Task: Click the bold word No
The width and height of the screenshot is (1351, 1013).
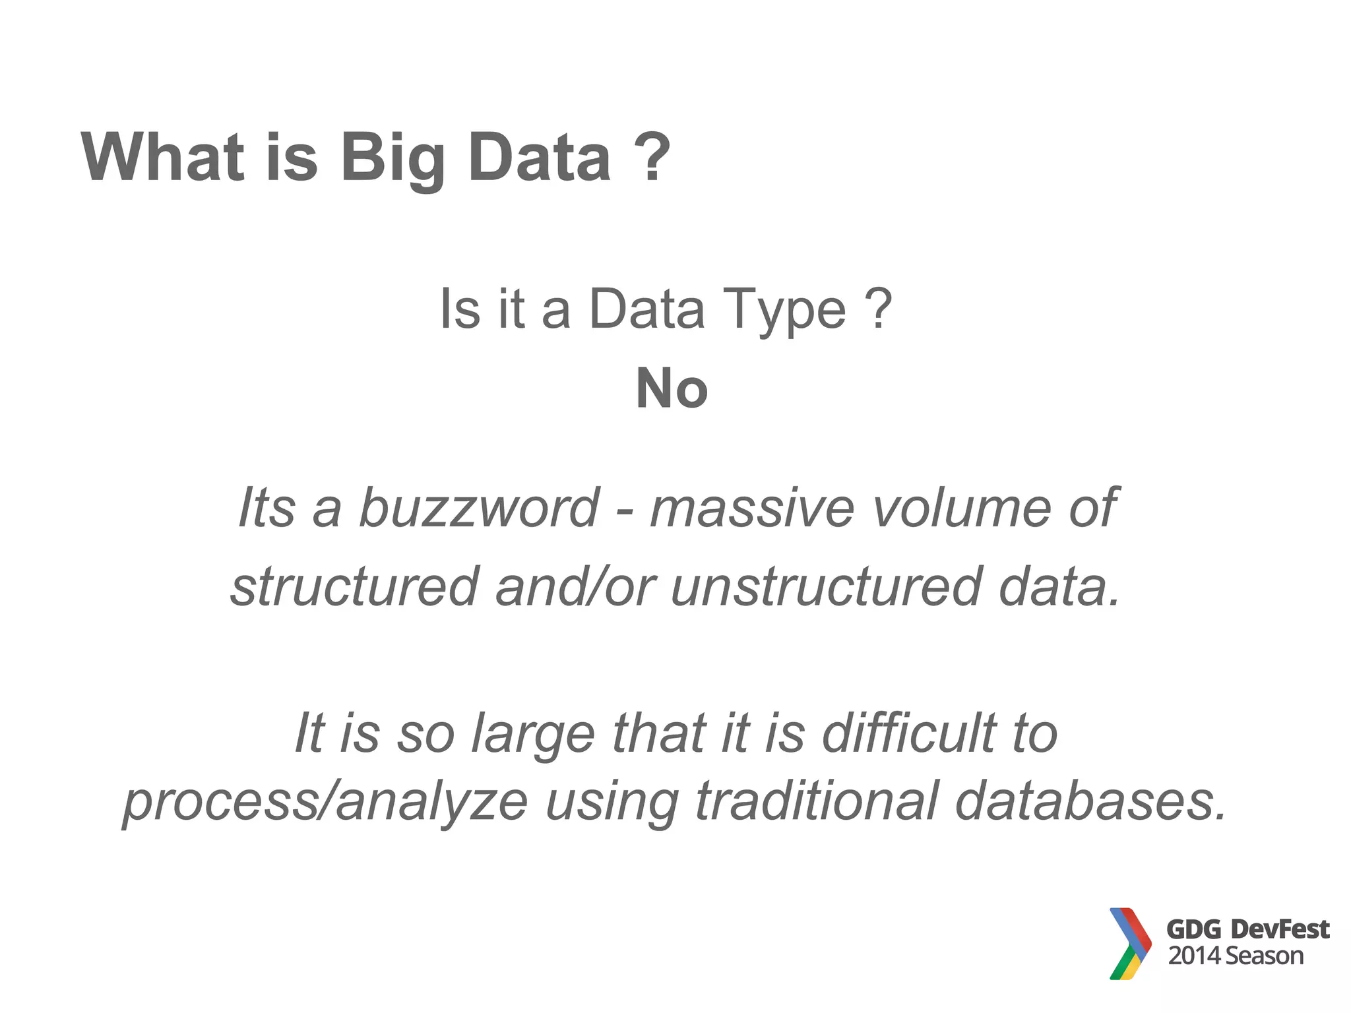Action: click(672, 388)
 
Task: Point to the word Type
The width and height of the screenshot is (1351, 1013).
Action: click(784, 310)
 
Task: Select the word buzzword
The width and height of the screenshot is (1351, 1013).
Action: click(479, 508)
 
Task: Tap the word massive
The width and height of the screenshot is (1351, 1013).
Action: click(751, 508)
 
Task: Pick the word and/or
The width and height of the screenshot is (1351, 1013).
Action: click(575, 586)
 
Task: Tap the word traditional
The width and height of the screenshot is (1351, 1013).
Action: click(817, 801)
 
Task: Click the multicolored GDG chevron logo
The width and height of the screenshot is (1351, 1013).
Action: click(1130, 943)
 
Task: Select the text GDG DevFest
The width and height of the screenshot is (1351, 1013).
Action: click(1247, 929)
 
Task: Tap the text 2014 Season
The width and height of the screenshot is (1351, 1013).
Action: click(1236, 956)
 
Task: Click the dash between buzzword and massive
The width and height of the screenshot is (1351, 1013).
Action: click(623, 511)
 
